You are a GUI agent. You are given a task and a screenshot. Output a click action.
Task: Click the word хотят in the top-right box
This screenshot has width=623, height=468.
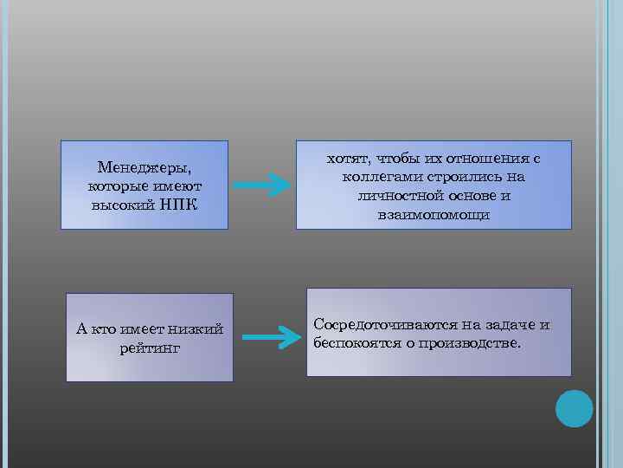[345, 159]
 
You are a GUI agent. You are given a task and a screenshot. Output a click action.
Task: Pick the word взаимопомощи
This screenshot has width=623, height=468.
[434, 214]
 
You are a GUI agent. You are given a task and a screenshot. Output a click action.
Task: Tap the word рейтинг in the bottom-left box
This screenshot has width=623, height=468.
[150, 348]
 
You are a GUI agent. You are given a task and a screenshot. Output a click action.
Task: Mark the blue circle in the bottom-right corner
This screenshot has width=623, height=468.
[574, 409]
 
